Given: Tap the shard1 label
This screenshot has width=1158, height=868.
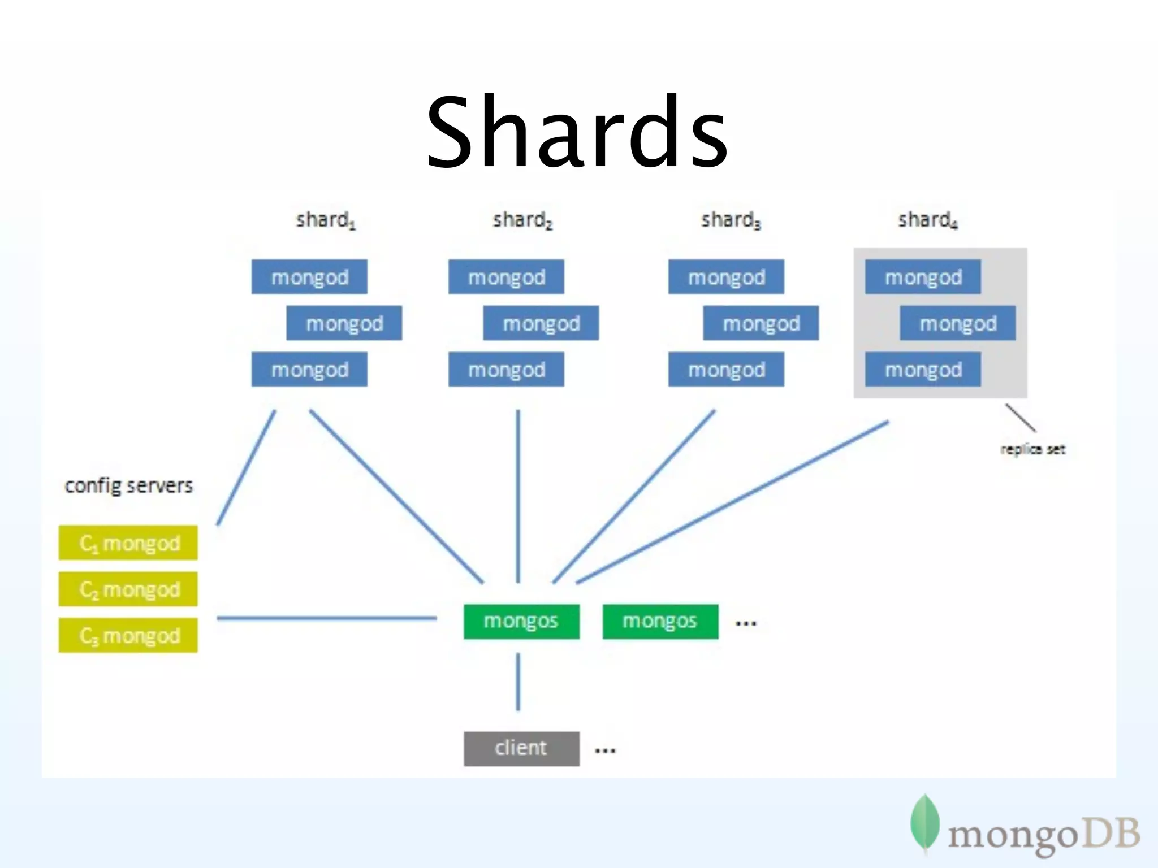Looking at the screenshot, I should (x=326, y=220).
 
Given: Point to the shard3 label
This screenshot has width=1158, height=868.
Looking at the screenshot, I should (x=731, y=220).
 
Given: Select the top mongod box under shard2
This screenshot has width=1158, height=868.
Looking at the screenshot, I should (x=506, y=277).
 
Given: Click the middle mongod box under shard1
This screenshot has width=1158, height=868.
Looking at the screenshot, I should (x=344, y=323).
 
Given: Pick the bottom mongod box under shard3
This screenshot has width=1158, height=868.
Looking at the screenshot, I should (x=726, y=370).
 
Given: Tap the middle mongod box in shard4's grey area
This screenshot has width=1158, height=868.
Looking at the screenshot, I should (x=957, y=323).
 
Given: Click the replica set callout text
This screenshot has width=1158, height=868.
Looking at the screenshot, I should (x=1032, y=449).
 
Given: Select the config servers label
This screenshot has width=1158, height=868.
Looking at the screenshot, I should (x=128, y=486).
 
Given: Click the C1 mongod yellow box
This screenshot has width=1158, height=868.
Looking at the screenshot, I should (x=128, y=543).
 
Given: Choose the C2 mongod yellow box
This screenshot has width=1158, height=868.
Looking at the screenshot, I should (x=128, y=589).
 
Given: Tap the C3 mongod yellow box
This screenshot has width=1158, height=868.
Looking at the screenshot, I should (x=128, y=636).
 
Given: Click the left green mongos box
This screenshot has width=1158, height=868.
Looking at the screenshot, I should (x=521, y=622).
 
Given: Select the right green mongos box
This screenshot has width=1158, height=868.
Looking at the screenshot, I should (x=660, y=622).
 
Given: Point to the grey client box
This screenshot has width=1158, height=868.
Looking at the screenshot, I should (x=521, y=749).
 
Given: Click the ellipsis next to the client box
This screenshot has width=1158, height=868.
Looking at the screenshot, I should (x=605, y=751).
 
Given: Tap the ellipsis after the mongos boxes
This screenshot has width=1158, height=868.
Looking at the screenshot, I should (x=746, y=624).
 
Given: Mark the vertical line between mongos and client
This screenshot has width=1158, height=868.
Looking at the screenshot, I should (x=518, y=682).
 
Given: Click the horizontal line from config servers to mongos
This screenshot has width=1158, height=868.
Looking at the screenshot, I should (x=327, y=618).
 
